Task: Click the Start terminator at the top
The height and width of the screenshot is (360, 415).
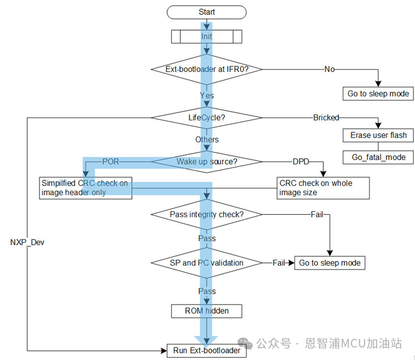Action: (x=207, y=12)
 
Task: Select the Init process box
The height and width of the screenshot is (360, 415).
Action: (x=207, y=36)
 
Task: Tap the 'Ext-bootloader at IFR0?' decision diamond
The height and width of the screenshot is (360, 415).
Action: (x=207, y=69)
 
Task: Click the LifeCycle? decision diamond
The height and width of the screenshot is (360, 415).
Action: (x=207, y=117)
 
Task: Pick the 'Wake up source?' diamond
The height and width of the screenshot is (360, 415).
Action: (x=207, y=162)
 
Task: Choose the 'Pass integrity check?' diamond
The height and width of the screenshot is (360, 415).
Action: (x=207, y=214)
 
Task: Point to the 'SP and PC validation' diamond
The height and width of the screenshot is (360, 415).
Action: (x=207, y=263)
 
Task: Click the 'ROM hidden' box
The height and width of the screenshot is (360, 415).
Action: (x=207, y=311)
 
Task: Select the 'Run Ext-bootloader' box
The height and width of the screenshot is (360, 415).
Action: (x=207, y=350)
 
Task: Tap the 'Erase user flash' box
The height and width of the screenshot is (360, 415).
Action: (x=378, y=135)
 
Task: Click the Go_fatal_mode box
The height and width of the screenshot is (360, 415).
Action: (x=378, y=157)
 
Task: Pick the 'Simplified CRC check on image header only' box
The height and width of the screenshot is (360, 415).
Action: (x=85, y=188)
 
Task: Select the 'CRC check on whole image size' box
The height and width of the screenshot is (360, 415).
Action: (x=323, y=188)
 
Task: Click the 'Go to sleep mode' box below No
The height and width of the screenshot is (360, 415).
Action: (x=378, y=93)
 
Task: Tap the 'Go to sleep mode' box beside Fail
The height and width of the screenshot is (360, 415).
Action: (x=330, y=263)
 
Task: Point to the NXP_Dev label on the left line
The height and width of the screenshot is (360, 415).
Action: (x=27, y=243)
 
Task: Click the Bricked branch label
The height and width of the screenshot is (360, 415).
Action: (x=326, y=117)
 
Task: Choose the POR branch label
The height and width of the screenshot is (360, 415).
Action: (x=110, y=162)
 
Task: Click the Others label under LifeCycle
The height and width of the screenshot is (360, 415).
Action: (x=207, y=139)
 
